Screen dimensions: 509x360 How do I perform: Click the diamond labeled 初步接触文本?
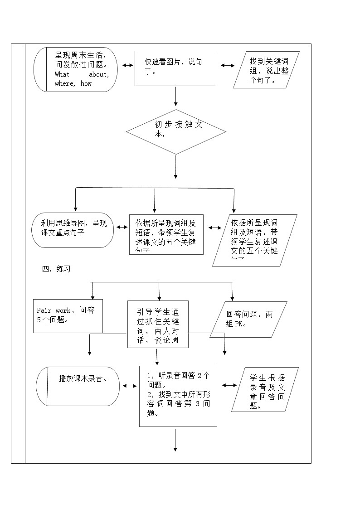point(176,132)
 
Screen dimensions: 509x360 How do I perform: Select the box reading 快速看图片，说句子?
point(175,68)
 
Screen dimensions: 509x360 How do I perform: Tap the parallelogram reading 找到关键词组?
point(267,69)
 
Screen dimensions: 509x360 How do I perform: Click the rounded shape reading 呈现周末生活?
point(76,69)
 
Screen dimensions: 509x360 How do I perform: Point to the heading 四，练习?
point(56,268)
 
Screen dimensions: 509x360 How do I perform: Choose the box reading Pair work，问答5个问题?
point(68,316)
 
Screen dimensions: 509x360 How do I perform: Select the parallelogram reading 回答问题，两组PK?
point(248,320)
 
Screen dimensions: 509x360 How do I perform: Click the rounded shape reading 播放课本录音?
point(78,386)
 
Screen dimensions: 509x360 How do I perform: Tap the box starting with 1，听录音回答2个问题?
point(178,396)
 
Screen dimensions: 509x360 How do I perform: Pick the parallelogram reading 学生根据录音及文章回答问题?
point(265,389)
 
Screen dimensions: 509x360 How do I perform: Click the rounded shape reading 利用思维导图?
point(73,230)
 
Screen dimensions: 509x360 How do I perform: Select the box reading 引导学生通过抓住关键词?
point(158,324)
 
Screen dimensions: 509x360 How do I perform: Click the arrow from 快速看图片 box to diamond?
point(175,97)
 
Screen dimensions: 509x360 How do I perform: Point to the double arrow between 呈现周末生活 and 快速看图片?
point(127,65)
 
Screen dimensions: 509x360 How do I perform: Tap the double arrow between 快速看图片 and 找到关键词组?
point(228,65)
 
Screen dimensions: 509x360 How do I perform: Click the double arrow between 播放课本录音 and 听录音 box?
point(129,386)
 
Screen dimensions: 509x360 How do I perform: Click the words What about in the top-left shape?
point(82,74)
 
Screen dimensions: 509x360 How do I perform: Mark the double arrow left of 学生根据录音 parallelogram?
point(229,385)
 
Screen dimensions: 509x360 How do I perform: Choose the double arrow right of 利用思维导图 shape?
point(121,227)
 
